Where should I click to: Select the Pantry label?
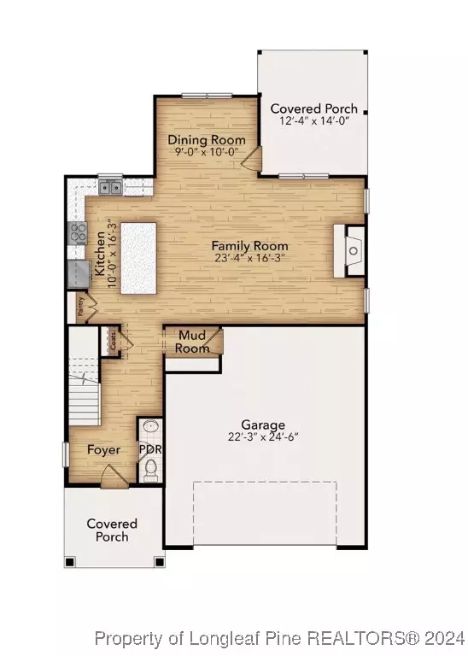81,308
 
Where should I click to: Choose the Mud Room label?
192,343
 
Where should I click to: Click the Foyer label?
103,450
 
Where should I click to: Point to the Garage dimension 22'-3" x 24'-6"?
262,437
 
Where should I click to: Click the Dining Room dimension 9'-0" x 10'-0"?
206,152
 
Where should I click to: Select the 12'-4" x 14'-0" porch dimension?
313,121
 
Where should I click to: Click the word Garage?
262,425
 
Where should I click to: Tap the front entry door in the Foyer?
114,483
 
